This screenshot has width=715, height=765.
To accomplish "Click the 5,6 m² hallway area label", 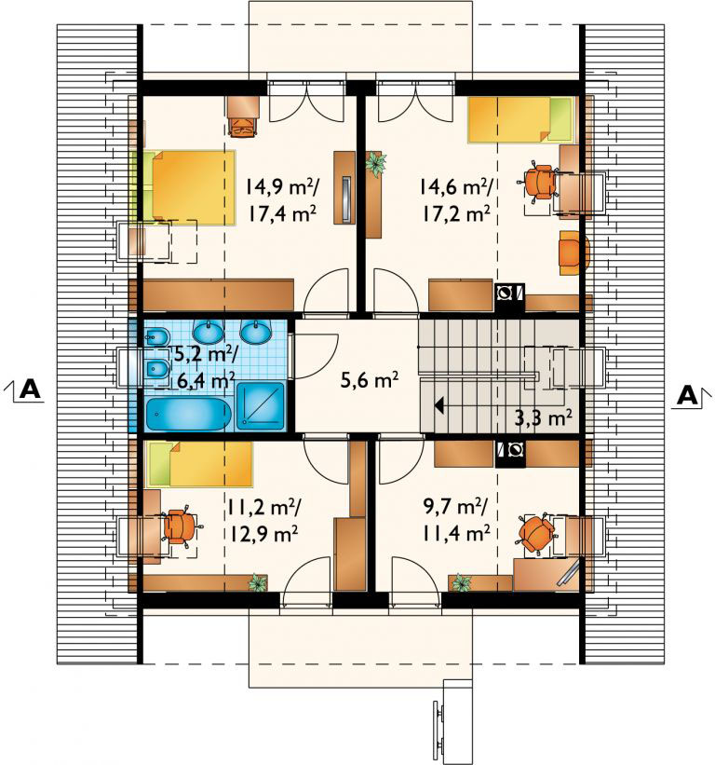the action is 370,379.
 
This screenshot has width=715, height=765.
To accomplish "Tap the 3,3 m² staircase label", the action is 543,418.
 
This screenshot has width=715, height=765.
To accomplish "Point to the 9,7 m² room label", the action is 453,508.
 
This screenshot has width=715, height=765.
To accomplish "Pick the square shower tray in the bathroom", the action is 260,406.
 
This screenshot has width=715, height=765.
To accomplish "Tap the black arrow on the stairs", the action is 439,405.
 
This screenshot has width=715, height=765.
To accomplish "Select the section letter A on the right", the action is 688,396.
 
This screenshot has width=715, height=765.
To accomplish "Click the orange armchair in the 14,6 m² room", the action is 573,253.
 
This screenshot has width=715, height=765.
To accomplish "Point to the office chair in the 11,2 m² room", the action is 181,526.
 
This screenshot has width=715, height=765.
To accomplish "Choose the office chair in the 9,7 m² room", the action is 535,533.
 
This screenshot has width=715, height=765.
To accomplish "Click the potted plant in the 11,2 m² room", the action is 257,582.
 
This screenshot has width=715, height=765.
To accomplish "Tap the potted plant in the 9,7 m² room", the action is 461,582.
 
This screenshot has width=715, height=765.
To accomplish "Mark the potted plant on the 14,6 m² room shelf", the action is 376,163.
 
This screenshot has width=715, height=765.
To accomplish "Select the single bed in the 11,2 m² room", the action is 200,464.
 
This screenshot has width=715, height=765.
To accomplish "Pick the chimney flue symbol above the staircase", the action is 509,293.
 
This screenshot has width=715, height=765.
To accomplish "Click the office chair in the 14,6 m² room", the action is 539,182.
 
